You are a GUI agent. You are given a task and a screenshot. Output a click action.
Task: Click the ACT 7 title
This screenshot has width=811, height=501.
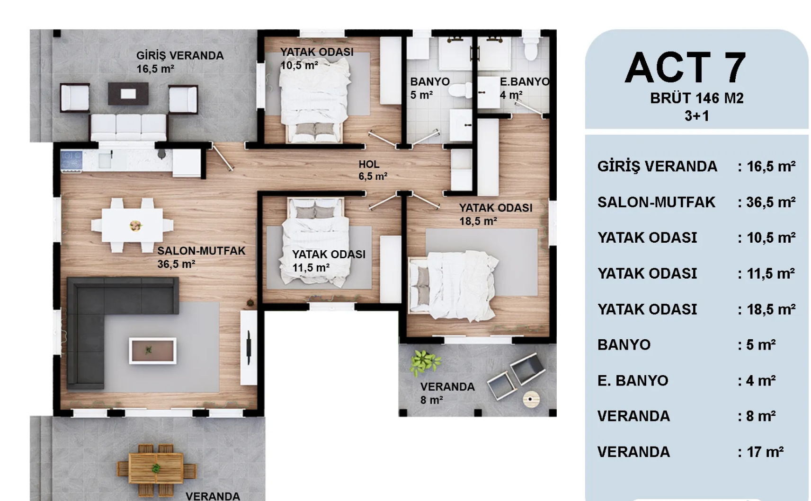686,68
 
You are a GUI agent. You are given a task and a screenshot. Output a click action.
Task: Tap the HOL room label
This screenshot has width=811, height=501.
369,164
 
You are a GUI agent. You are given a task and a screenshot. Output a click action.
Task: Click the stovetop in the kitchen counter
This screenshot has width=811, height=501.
71,161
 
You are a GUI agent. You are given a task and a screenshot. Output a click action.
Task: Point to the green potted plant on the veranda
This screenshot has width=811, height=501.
425,362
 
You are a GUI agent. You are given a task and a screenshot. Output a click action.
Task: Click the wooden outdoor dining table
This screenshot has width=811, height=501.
156,468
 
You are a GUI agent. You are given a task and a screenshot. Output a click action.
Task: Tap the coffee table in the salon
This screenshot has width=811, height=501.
153,351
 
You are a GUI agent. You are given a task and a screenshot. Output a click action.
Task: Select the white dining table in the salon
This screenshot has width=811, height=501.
132,225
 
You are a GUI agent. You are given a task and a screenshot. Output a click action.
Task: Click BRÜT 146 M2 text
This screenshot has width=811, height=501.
696,98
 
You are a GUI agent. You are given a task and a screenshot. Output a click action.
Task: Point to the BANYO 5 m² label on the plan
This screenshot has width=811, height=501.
430,88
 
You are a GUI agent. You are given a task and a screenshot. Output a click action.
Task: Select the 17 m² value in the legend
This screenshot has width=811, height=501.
765,452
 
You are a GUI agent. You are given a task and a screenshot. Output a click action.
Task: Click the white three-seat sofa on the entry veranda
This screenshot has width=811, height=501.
128,127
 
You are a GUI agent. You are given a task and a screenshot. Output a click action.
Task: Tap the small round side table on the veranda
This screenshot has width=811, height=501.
532,399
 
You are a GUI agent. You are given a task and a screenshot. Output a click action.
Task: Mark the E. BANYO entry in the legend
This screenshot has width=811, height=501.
633,380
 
